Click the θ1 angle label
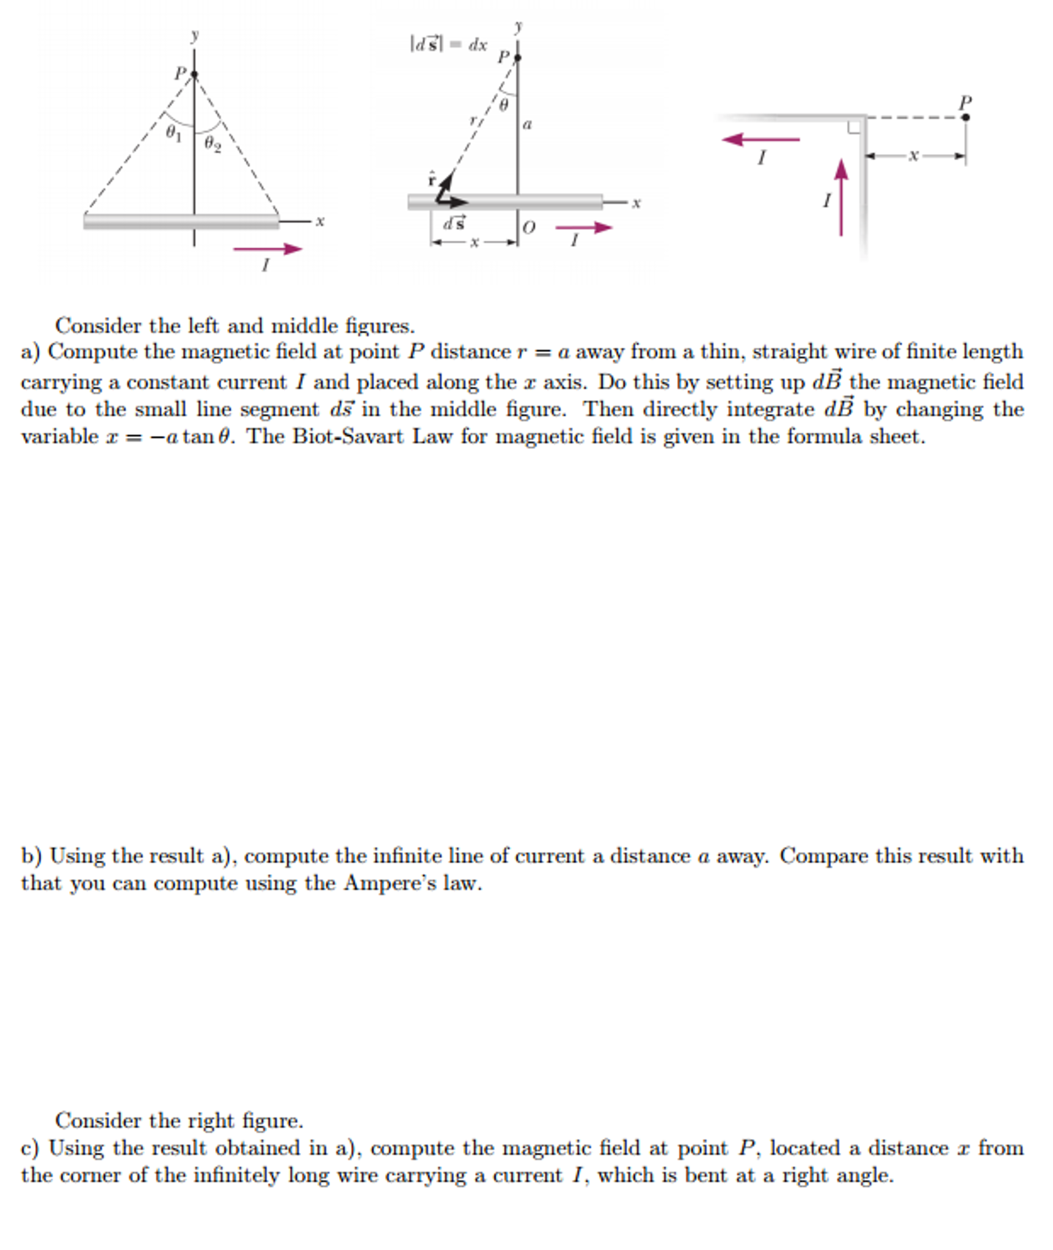pos(174,133)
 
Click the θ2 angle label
pos(213,144)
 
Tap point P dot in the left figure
pos(194,75)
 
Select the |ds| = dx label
pos(449,45)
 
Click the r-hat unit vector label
pos(432,179)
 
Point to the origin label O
pos(529,227)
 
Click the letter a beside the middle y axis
pos(528,125)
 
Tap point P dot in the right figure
pos(965,117)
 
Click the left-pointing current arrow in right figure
pos(760,139)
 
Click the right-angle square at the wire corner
pos(854,127)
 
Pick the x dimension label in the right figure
pos(913,156)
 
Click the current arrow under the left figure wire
pos(268,249)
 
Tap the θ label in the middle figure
pos(503,105)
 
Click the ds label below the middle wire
pos(454,224)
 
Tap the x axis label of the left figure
pos(319,221)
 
